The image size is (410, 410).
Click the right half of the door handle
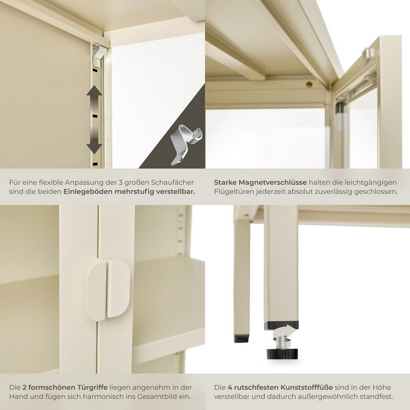(118, 288)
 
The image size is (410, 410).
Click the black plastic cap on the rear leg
(242, 339)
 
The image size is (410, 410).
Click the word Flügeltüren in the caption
(234, 191)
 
